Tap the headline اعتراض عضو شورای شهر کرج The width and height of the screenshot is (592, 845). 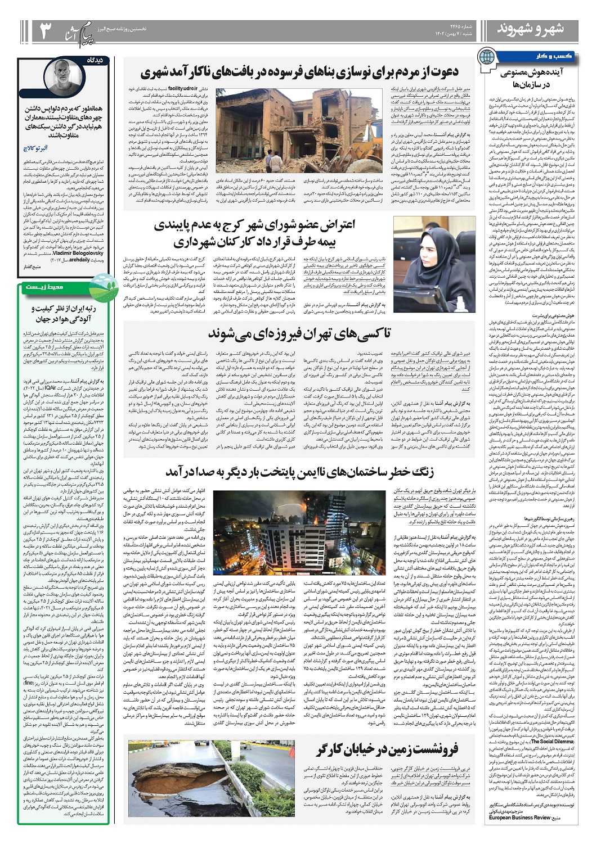coord(261,234)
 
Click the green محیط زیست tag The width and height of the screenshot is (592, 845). coord(51,287)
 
